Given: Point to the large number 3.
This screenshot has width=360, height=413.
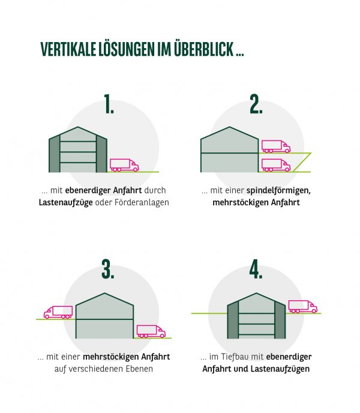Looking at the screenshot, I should click(x=107, y=270).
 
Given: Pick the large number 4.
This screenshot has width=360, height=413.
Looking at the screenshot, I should click(x=257, y=270).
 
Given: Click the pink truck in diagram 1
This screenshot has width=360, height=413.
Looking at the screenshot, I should click(x=124, y=165).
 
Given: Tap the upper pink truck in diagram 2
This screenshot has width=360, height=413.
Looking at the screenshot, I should click(x=276, y=146).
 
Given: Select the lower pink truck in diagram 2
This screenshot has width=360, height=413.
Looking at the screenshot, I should click(x=276, y=165).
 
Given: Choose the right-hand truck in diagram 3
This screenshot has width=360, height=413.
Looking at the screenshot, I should click(x=151, y=331).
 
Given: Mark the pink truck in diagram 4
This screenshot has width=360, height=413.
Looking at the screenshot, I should click(x=303, y=307).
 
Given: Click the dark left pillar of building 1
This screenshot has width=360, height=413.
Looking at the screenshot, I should click(x=55, y=155).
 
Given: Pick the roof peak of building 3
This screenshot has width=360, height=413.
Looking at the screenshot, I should click(x=105, y=294).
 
